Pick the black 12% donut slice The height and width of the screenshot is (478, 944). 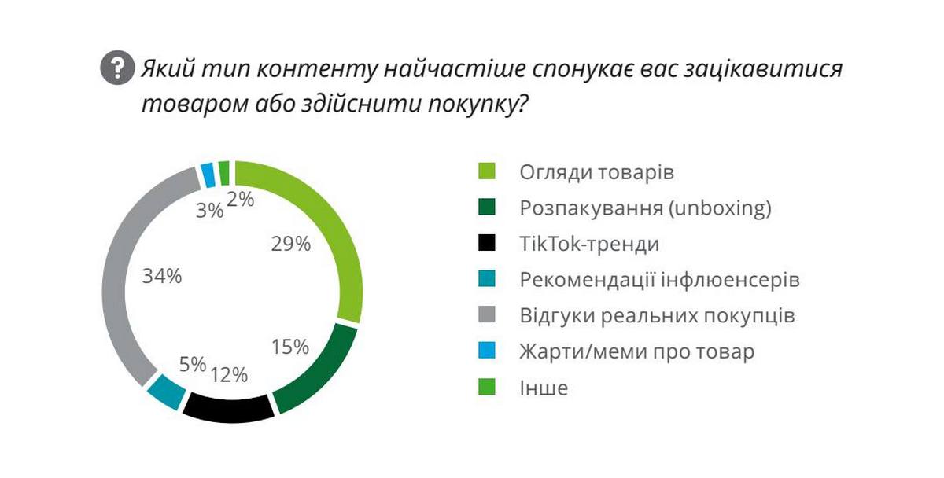pos(228,409)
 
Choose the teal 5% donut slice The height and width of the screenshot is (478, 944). pos(166,391)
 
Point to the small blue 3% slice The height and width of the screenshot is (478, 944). pos(208,175)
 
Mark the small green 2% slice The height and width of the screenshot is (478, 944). pos(224,171)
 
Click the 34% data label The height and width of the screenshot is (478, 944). pos(162,276)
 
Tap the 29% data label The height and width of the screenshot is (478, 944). pos(291,244)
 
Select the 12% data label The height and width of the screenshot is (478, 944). pos(229,373)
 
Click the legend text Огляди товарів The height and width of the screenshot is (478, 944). pos(596,172)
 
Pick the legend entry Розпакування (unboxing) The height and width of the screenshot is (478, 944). pos(645,208)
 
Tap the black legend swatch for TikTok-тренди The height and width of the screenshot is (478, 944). pos(489,245)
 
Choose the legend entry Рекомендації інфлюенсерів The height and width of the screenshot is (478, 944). pos(659,280)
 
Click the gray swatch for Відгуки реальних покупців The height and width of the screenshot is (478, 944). pos(489,316)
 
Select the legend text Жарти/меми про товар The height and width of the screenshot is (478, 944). pos(636,351)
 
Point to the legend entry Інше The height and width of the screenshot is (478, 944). pos(543,388)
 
